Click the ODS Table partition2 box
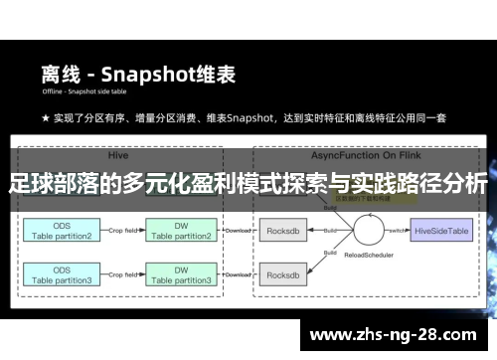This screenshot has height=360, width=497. (x=62, y=232)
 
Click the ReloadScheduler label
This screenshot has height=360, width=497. (x=353, y=266)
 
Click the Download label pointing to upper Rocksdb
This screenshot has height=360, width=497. (x=238, y=230)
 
